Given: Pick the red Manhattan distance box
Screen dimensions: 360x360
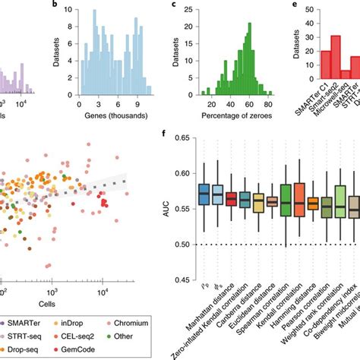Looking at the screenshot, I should coord(232,200).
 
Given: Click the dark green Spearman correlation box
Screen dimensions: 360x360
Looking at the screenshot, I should coord(285,201).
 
